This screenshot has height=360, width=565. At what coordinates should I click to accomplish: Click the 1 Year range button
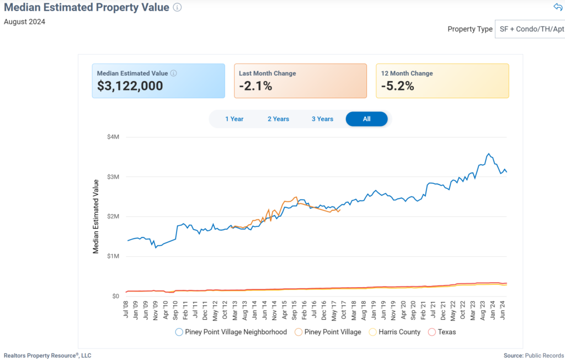(x=234, y=119)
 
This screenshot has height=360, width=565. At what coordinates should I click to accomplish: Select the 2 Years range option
(x=278, y=119)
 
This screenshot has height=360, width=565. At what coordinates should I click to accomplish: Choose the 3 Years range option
(x=322, y=119)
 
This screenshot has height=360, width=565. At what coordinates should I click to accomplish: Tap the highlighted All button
(x=366, y=119)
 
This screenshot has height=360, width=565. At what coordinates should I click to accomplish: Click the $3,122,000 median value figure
(x=130, y=86)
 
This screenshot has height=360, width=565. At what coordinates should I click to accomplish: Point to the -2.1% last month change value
(x=255, y=86)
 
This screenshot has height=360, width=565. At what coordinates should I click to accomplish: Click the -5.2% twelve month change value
(x=397, y=86)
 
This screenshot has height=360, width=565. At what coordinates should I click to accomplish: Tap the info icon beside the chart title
(x=177, y=7)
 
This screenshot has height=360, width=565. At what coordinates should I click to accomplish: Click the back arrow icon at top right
(x=557, y=7)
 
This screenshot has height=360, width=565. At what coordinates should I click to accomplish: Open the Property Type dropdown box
(x=529, y=29)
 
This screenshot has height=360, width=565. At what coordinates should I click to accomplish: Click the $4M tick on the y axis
(x=113, y=137)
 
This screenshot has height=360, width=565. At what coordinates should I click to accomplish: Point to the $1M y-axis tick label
(x=113, y=256)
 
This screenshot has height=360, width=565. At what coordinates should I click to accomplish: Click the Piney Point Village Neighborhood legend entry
(x=231, y=332)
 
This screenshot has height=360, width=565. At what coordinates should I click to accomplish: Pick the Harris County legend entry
(x=395, y=332)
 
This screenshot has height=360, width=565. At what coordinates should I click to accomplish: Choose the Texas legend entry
(x=442, y=332)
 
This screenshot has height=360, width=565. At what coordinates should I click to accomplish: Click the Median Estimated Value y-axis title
(x=95, y=216)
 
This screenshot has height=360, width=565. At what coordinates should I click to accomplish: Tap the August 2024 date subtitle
(x=24, y=22)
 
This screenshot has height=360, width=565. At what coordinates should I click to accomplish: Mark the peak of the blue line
(x=488, y=154)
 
